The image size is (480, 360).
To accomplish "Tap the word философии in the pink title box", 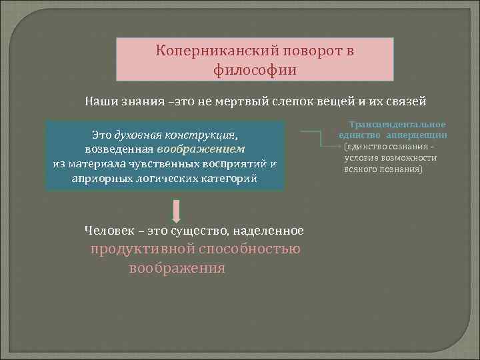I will click(255, 69).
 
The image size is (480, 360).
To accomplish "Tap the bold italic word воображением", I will click(201, 149).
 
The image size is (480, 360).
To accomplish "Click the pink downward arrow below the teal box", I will click(176, 211).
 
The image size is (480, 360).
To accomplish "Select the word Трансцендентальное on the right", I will click(398, 124).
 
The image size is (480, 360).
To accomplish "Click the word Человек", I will click(109, 231).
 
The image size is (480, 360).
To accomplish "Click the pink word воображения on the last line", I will click(177, 269).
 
